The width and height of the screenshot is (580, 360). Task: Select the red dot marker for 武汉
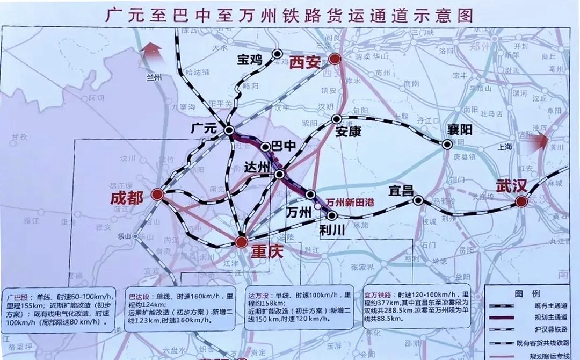pos(520,201)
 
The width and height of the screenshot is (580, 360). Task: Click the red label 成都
pos(127,198)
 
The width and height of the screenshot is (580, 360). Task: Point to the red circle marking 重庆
pos(242,242)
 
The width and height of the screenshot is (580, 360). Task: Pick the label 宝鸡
pos(250,60)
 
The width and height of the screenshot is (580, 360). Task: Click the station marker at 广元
pos(229,130)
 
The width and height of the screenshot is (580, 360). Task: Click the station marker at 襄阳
pos(447,144)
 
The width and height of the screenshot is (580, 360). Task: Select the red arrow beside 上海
pos(539,141)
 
